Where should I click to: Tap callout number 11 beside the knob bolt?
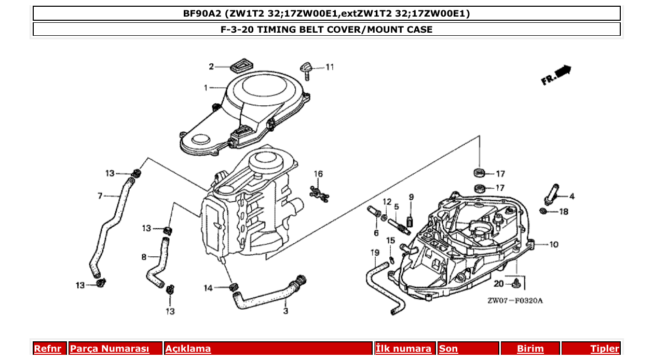tap(330, 67)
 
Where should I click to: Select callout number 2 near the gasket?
tap(211, 66)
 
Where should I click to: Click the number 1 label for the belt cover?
tap(206, 88)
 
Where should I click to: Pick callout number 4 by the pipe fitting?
tap(571, 196)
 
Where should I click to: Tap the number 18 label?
tap(564, 212)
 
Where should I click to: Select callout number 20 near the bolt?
tap(498, 284)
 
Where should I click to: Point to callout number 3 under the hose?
tap(285, 311)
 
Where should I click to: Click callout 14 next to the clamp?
tap(208, 288)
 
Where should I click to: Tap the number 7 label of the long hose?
tap(100, 196)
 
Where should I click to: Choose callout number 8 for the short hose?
tap(144, 256)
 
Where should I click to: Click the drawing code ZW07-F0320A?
tap(514, 300)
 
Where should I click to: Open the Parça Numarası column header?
tap(110, 349)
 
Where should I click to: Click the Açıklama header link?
tap(188, 349)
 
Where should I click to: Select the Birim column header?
tap(530, 349)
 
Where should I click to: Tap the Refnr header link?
tap(47, 349)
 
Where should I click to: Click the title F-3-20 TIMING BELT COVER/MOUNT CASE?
tap(326, 30)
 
